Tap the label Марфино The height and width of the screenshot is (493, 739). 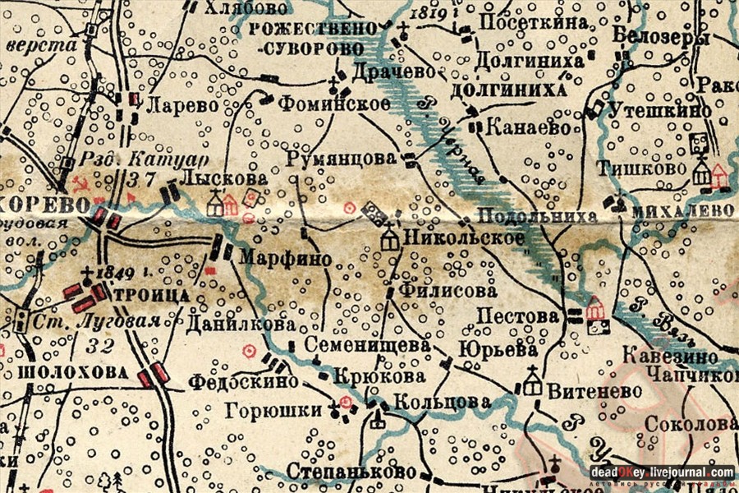pos(285,259)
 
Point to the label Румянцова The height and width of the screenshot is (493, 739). pos(342,159)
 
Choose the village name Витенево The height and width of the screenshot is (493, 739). pos(594,391)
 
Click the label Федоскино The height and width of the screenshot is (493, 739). pos(231,382)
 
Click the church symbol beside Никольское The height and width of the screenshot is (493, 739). pos(389,237)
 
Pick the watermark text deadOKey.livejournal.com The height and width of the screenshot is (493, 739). pos(662,472)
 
